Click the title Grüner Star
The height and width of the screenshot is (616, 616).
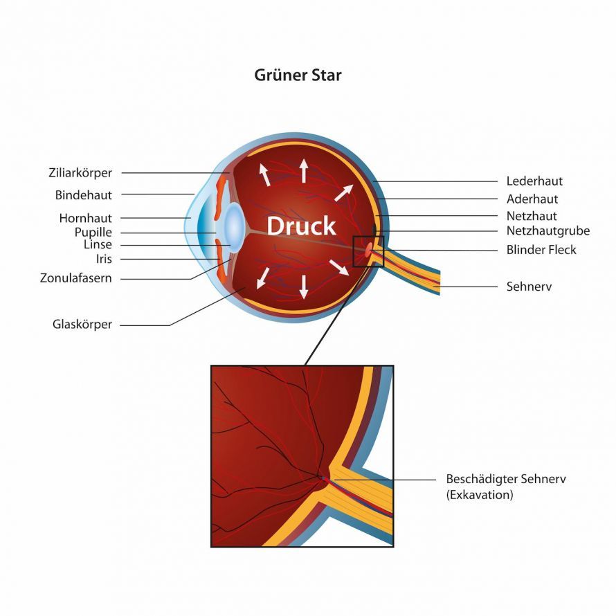[298, 75]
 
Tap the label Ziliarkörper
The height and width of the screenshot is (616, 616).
[80, 173]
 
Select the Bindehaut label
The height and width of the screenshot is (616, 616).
[83, 195]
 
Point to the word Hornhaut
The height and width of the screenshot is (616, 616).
[86, 218]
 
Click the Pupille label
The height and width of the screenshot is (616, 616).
[93, 232]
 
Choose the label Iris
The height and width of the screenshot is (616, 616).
[104, 259]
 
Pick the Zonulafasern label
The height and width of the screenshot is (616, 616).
[76, 278]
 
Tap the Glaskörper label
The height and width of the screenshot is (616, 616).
[82, 325]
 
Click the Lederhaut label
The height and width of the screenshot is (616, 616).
[534, 181]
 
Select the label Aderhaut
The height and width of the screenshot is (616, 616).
[532, 199]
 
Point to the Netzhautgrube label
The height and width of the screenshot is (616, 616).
[548, 230]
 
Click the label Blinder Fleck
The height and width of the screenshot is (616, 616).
[541, 250]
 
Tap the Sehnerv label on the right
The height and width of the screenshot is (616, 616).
[529, 287]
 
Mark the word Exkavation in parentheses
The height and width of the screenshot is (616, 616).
[480, 495]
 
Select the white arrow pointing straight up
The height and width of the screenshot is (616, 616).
[303, 170]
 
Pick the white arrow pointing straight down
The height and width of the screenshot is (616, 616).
[303, 287]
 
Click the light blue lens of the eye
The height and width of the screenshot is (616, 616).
[235, 227]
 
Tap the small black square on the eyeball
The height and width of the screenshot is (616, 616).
[368, 252]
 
